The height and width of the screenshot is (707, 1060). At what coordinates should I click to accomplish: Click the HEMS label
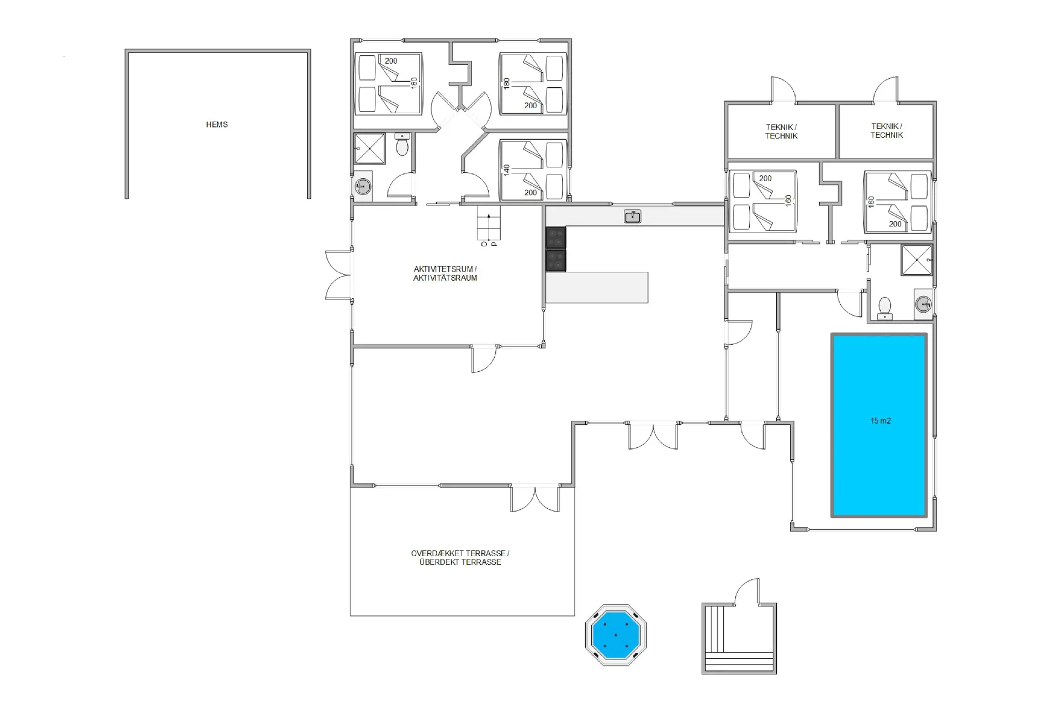coord(216,125)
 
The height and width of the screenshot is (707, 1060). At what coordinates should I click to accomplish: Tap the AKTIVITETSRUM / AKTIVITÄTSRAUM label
coord(445,273)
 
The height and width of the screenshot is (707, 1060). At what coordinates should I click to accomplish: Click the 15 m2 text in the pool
coord(881,421)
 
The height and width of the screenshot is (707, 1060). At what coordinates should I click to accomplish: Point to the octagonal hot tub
coord(616,635)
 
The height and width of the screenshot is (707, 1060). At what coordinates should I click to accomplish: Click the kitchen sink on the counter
coord(632,217)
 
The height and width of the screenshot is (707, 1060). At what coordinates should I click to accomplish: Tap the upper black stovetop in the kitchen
coord(556,238)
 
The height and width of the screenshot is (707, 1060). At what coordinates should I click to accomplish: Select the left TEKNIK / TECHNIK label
coord(781,131)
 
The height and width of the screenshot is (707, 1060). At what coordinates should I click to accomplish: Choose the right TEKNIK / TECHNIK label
coord(887,130)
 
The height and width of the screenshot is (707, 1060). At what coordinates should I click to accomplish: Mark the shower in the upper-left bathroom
coord(369,148)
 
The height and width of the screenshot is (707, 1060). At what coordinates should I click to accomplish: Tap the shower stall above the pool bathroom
coord(916,260)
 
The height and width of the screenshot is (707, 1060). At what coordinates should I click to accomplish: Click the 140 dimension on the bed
coord(507,170)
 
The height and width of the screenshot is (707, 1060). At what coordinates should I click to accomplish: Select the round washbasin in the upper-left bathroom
coord(363,186)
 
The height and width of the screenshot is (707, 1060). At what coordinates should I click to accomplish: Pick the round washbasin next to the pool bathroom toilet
coord(923,304)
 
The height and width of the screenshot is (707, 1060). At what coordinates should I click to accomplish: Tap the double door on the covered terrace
coord(535,498)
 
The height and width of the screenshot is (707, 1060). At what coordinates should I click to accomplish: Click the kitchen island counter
coord(597,287)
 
